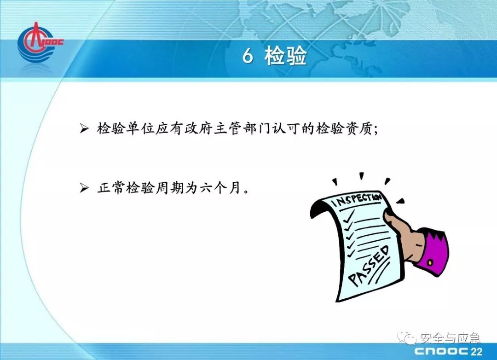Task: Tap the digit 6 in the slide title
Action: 248,56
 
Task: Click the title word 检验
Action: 286,56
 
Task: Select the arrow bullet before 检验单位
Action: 84,128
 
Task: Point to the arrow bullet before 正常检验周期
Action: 84,188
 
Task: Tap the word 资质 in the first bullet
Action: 359,128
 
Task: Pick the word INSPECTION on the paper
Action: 356,199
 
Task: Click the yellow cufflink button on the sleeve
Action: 430,262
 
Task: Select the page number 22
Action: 476,351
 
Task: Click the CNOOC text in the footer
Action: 441,351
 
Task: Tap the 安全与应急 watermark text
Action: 450,338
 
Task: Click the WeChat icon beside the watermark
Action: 408,337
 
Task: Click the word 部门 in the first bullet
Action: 255,128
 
